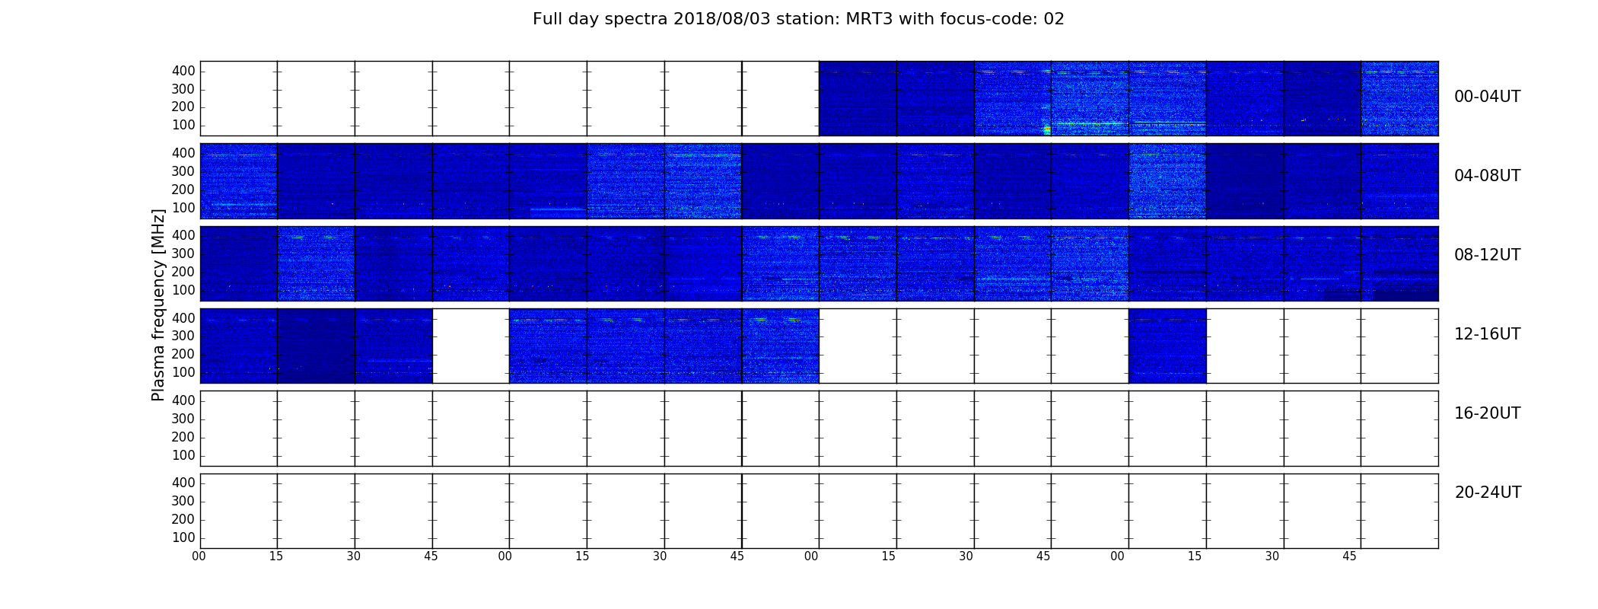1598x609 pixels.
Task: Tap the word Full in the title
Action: [548, 19]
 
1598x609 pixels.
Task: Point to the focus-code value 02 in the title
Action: [1054, 19]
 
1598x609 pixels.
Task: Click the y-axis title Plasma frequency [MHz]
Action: [158, 304]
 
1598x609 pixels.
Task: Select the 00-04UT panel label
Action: [1488, 97]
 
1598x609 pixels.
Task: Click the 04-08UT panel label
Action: [1488, 176]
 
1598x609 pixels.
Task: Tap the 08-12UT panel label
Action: [1488, 255]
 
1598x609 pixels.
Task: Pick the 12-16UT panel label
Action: [1488, 334]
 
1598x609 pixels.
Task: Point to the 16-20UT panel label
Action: [1488, 413]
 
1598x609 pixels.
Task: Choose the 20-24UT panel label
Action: [1488, 493]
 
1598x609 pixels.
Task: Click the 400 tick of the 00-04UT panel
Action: [183, 71]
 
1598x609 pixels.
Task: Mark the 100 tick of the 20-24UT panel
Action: [183, 537]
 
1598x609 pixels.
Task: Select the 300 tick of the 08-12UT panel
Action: [183, 253]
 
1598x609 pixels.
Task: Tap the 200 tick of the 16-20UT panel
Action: [183, 437]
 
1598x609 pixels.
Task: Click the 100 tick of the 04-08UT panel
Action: [183, 208]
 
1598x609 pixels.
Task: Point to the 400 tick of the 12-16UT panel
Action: [183, 318]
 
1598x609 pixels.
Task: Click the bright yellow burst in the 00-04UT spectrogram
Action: [1047, 130]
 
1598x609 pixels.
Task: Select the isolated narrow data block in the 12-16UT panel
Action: [1167, 346]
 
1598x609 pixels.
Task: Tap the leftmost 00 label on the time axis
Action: [199, 556]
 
